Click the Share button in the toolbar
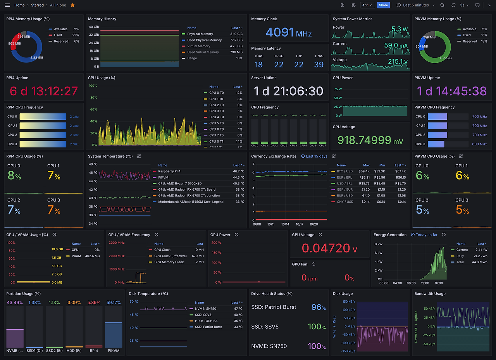[x=383, y=5]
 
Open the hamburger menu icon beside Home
[x=7, y=5]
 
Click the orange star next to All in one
[x=72, y=5]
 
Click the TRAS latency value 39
[x=319, y=65]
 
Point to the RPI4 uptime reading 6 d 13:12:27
[x=44, y=91]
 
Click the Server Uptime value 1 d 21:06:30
[x=288, y=91]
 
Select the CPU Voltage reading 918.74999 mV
[x=370, y=140]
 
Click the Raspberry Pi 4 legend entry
[x=169, y=171]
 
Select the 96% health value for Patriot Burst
[x=318, y=307]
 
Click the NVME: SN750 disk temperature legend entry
[x=205, y=309]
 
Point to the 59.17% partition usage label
[x=113, y=302]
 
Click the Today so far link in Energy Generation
[x=426, y=235]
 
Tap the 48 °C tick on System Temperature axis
[x=93, y=164]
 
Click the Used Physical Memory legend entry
[x=204, y=40]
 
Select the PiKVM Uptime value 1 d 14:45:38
[x=451, y=91]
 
